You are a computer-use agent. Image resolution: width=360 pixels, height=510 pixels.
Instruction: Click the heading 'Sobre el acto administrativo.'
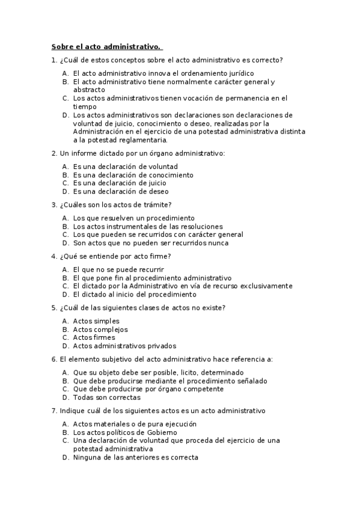pos(106,47)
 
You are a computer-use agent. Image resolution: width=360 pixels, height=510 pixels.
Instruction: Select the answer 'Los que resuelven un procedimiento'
pos(134,218)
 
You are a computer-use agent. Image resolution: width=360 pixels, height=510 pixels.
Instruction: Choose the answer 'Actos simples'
pos(96,321)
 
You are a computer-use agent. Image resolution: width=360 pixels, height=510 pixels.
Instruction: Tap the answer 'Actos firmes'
pos(94,337)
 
